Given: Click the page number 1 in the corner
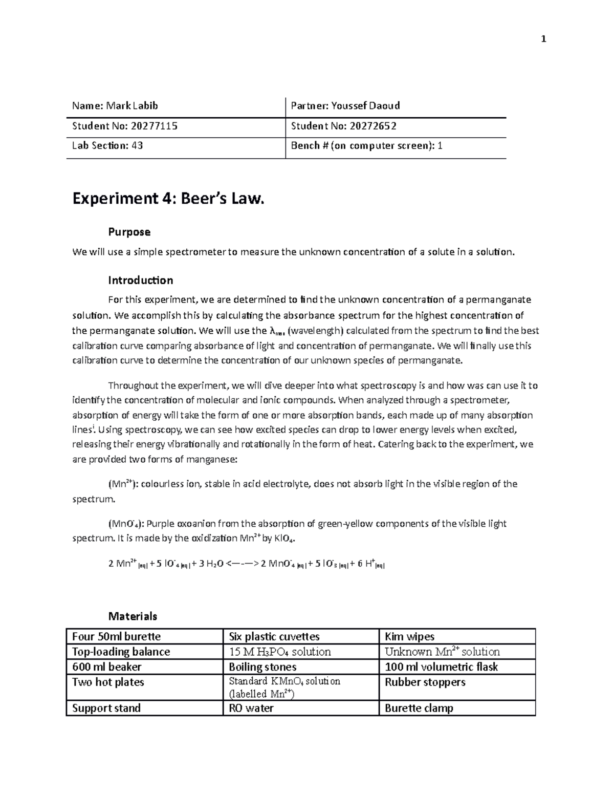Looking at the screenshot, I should click(543, 39).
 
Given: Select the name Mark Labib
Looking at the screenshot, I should click(132, 106).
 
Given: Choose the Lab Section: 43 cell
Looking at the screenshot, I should click(107, 146).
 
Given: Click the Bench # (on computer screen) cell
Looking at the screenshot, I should click(366, 146).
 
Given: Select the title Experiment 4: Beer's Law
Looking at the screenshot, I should click(169, 198).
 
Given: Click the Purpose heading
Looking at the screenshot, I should click(129, 232).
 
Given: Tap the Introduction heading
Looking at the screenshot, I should click(140, 280).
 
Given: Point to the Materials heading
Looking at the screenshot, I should click(133, 616).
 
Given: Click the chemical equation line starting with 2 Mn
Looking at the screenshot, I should click(246, 564).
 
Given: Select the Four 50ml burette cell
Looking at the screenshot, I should click(116, 636).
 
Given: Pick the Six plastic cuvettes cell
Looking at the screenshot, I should click(274, 636).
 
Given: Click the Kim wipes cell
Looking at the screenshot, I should click(409, 636).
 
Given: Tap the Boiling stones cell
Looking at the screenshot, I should click(262, 667).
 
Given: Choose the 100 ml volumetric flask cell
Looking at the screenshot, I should click(441, 667).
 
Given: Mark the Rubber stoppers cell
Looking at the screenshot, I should click(425, 682).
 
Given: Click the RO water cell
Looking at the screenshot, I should click(251, 708).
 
